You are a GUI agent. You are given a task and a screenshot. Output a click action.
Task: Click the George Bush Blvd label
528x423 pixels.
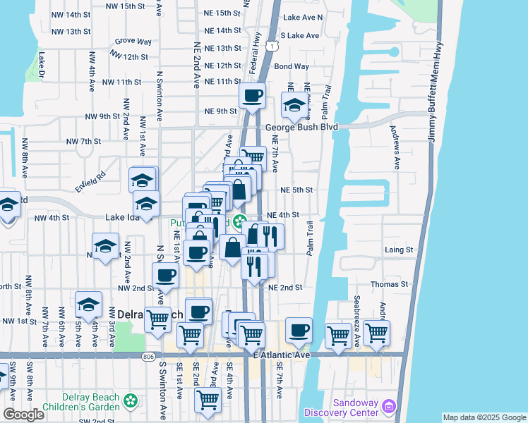(302, 128)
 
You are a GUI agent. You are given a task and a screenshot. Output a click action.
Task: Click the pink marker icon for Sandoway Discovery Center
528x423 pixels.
(388, 406)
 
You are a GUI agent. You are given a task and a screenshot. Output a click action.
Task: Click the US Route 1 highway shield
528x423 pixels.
(271, 45)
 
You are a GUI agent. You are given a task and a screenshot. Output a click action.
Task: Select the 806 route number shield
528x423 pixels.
(148, 356)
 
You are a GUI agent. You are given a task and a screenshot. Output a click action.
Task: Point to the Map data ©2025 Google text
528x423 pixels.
(484, 417)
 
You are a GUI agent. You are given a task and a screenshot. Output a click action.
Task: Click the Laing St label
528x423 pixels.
(399, 250)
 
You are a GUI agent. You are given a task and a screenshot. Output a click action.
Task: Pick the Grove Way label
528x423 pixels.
(133, 42)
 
